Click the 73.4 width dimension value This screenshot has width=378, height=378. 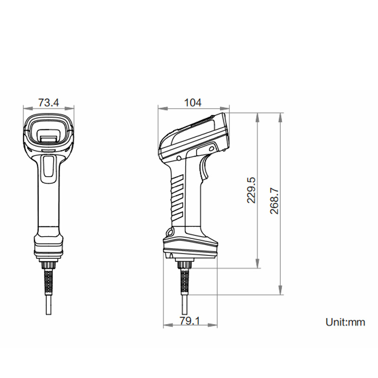48,102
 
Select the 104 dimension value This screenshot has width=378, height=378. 193,102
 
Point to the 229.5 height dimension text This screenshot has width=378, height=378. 251,190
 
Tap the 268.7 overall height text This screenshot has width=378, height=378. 275,200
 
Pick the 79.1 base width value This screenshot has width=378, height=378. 190,321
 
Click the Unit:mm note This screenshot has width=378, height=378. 345,322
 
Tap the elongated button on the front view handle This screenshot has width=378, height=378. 49,169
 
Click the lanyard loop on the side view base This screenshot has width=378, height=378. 169,233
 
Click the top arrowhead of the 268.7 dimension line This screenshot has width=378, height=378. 281,116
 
